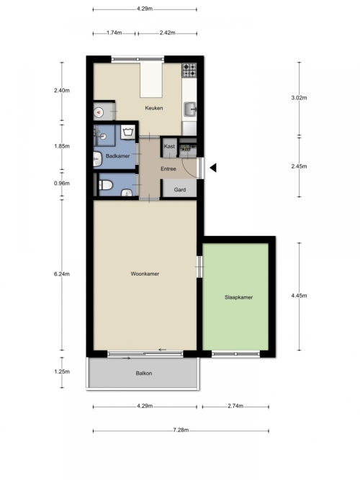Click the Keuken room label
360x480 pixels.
[x=154, y=108]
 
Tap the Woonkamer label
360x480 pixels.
[x=145, y=273]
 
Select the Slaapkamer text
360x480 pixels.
[x=238, y=297]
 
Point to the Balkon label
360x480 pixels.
[x=144, y=373]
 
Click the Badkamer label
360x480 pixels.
[x=117, y=156]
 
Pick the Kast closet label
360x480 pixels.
[x=169, y=146]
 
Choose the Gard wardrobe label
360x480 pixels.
[x=180, y=189]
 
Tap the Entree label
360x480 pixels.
[x=168, y=168]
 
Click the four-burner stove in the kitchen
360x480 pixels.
[x=189, y=70]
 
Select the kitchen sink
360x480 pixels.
[x=190, y=109]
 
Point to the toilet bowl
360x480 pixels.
[x=106, y=185]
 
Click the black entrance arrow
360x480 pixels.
[x=213, y=168]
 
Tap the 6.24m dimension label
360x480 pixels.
[x=62, y=274]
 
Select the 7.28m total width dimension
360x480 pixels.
[x=181, y=430]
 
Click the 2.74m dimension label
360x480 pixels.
[x=235, y=406]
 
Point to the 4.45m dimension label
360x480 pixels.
[x=299, y=296]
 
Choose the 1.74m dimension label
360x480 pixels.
[x=114, y=33]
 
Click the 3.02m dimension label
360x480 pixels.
[x=299, y=98]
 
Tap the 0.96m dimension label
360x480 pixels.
[x=62, y=184]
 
